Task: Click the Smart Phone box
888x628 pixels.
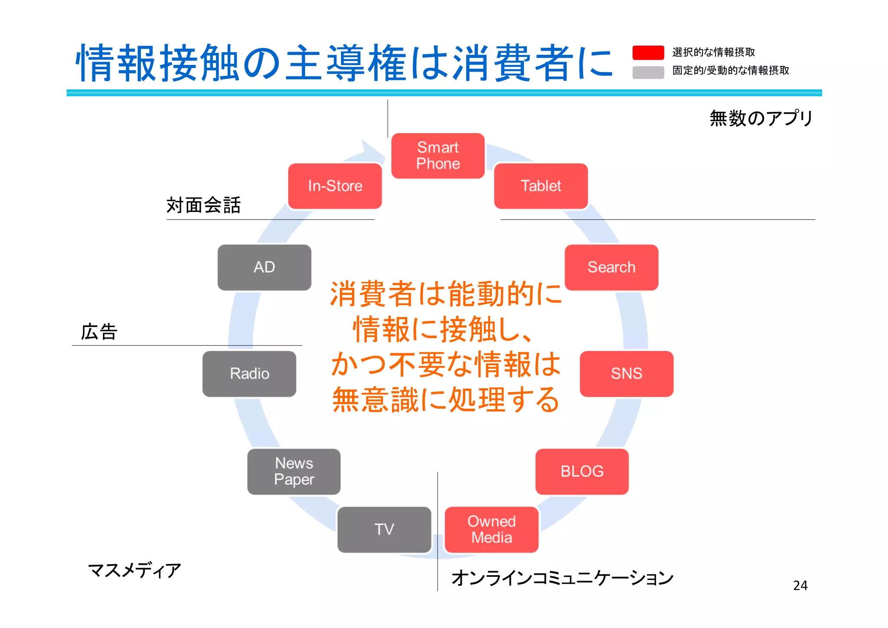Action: pyautogui.click(x=438, y=156)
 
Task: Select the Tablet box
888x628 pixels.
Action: pyautogui.click(x=541, y=186)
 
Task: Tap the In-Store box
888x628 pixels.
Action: pyautogui.click(x=335, y=186)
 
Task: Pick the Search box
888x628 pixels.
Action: pyautogui.click(x=611, y=267)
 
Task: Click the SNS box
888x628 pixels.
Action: pyautogui.click(x=627, y=373)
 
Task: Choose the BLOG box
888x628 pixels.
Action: pyautogui.click(x=582, y=471)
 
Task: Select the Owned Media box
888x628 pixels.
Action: pyautogui.click(x=492, y=530)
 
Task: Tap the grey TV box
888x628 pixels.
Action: pyautogui.click(x=384, y=530)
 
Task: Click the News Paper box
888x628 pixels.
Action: pyautogui.click(x=294, y=471)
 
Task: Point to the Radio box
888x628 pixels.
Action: pyautogui.click(x=249, y=373)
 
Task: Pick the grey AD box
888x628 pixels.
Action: pyautogui.click(x=264, y=267)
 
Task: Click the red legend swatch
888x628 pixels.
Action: pyautogui.click(x=648, y=52)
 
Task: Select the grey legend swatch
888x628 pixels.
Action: pyautogui.click(x=648, y=72)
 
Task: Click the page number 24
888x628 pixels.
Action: pyautogui.click(x=800, y=585)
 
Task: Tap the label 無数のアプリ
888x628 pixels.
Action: pyautogui.click(x=761, y=118)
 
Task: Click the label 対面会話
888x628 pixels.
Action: pyautogui.click(x=203, y=205)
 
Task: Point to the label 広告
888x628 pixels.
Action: pyautogui.click(x=99, y=332)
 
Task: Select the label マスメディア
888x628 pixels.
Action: pyautogui.click(x=134, y=570)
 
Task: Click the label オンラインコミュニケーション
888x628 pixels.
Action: pyautogui.click(x=562, y=578)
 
